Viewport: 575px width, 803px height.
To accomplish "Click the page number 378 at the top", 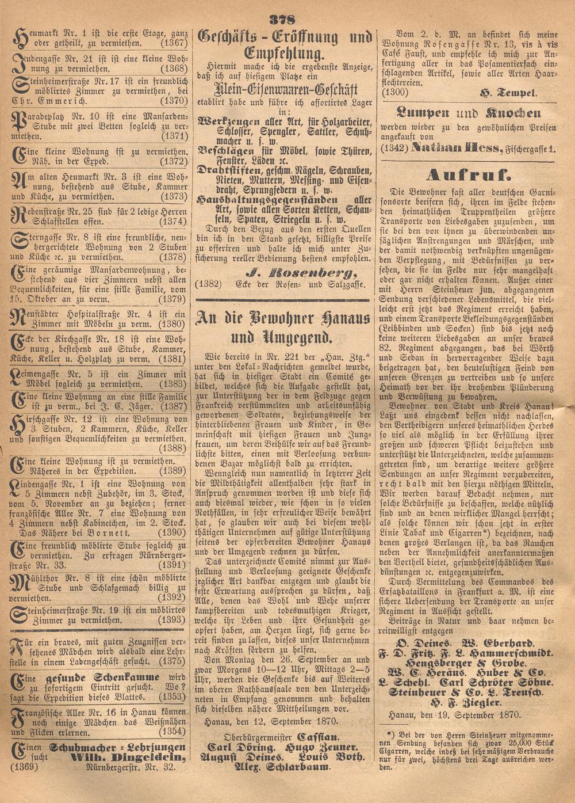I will pos(285,17).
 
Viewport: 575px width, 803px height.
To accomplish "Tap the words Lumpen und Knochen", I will pos(469,113).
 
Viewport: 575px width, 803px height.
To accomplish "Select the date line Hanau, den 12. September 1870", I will pos(272,721).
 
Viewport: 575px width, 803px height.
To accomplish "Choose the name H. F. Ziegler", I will pos(466,703).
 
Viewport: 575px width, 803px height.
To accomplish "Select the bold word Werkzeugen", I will pos(226,123).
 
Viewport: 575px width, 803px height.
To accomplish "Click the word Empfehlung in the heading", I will pos(284,55).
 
